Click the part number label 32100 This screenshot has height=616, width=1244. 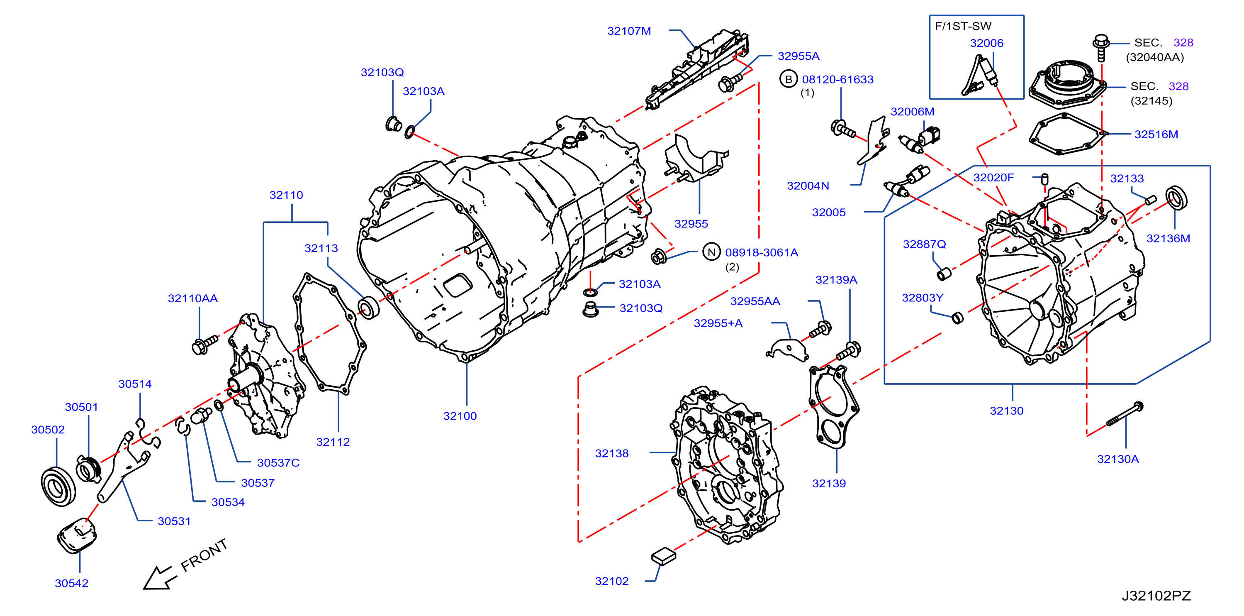[x=460, y=416]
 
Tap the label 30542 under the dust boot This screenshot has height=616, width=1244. [x=71, y=583]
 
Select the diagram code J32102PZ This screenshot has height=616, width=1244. [x=1156, y=596]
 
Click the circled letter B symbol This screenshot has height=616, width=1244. [x=788, y=79]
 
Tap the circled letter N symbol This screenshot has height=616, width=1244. [x=711, y=252]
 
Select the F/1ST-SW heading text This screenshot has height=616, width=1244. [x=963, y=27]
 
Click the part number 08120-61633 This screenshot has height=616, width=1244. [x=838, y=79]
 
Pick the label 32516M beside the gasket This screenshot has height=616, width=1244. [x=1156, y=134]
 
